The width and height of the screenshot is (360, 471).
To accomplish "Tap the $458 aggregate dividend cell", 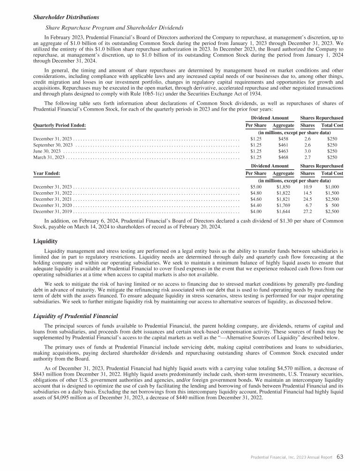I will pos(283,139).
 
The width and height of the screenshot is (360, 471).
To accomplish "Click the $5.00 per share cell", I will pos(256,187).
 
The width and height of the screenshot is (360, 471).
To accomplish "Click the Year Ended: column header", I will pos(46,174).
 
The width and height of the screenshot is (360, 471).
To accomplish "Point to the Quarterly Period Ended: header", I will pos(60,125).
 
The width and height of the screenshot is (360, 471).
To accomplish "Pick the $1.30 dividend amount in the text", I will pos(285,220).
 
